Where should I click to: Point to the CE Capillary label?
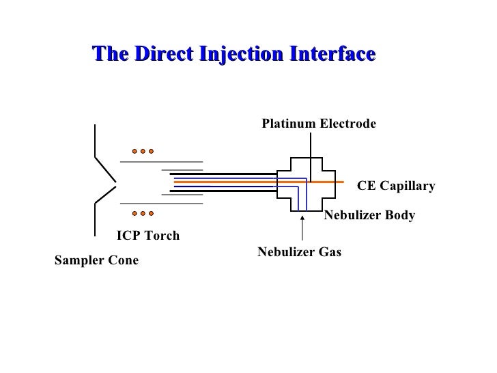tap(396, 186)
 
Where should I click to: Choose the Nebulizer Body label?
tap(369, 216)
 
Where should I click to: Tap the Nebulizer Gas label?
tap(299, 252)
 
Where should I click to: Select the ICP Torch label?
tap(148, 236)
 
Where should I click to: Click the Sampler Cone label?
tap(96, 260)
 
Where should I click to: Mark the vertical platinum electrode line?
tap(312, 147)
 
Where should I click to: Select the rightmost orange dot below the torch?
tap(152, 212)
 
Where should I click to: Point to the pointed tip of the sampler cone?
tap(117, 182)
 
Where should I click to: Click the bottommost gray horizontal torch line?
tap(161, 203)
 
